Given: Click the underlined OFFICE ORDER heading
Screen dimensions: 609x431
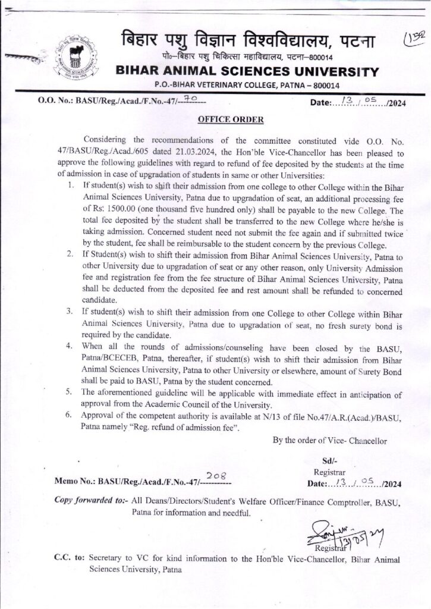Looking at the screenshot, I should point(231,120).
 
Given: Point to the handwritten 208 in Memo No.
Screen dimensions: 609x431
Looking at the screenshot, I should point(212,474).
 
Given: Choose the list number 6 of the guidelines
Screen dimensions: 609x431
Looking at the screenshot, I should point(70,415).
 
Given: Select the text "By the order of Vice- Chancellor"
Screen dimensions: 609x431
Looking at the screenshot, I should point(330,441).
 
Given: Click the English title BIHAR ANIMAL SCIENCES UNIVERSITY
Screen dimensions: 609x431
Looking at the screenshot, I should point(247,72).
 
